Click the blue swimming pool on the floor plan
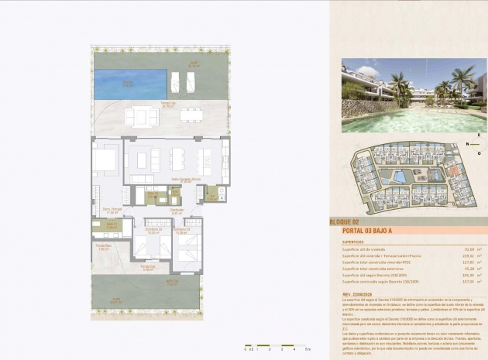pos(129,81)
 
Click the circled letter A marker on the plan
pos(222,197)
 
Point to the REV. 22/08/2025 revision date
pos(359,294)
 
